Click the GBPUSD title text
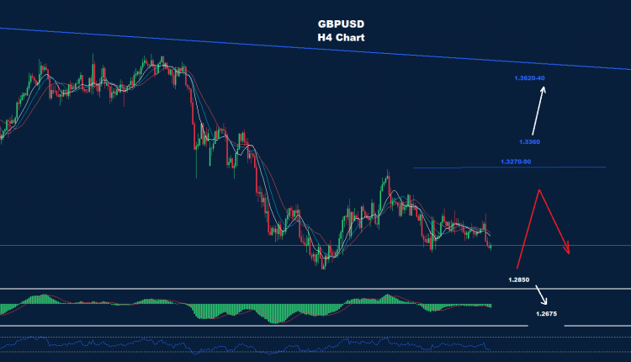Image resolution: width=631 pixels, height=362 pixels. tap(342, 25)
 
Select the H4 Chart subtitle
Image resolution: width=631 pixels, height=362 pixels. tap(342, 38)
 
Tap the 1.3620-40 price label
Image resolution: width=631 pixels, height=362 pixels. tap(529, 78)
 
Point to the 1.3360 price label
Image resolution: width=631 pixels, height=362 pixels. tap(529, 141)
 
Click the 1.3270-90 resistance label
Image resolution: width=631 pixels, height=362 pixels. tap(515, 162)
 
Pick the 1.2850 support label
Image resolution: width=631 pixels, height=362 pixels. tap(520, 277)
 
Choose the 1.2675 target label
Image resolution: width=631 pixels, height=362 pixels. tap(545, 313)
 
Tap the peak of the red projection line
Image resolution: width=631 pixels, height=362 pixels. tap(538, 189)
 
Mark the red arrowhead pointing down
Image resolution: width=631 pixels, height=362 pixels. tap(569, 249)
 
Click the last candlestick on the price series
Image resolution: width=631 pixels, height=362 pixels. tap(490, 245)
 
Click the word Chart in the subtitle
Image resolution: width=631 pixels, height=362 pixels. tap(351, 38)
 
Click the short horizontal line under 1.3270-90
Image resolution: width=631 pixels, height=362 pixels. tap(509, 168)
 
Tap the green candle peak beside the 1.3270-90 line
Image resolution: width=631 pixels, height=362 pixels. tap(388, 175)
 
